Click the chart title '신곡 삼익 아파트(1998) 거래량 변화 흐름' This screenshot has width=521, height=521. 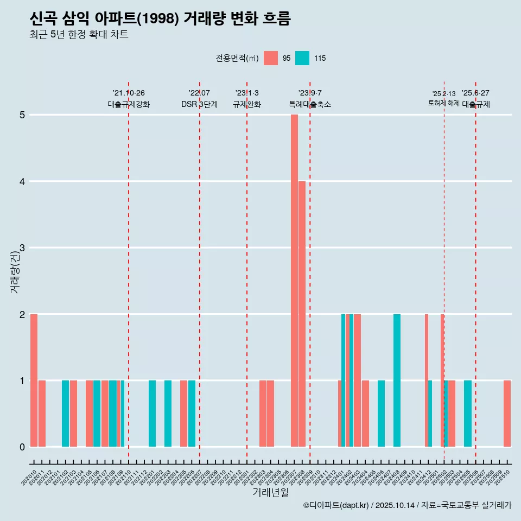click(160, 19)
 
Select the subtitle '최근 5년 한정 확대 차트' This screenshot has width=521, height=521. click(79, 35)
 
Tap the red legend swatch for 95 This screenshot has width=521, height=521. click(271, 58)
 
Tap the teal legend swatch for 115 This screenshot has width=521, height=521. click(302, 58)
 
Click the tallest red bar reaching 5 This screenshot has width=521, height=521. click(294, 281)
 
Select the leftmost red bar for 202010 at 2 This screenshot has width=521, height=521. click(34, 380)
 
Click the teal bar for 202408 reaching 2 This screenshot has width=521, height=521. click(397, 380)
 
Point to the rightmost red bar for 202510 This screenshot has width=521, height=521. click(507, 414)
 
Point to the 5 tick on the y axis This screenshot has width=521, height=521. click(22, 115)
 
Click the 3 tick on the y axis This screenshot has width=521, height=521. click(22, 248)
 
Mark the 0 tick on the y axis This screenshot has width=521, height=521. click(22, 447)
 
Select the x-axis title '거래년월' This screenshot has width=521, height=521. click(270, 492)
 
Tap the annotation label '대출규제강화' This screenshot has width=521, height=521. click(129, 104)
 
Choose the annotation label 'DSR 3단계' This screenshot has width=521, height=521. click(199, 104)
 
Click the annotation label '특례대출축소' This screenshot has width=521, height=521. click(309, 104)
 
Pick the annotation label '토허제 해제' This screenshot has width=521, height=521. click(444, 103)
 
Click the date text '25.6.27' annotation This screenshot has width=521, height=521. click(475, 93)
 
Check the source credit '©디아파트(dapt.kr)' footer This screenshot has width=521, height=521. click(336, 505)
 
